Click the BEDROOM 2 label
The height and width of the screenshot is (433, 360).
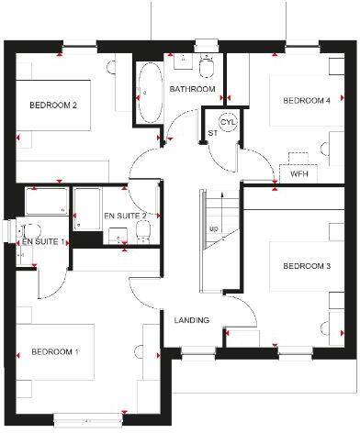click(x=53, y=105)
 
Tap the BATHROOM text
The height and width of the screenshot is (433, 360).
click(x=193, y=89)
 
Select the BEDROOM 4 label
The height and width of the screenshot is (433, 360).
click(x=306, y=100)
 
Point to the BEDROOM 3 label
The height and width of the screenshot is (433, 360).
click(x=306, y=267)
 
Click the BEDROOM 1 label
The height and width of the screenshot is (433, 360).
click(x=54, y=351)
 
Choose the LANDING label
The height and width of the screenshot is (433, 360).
click(x=192, y=319)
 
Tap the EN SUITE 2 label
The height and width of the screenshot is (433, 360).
click(x=125, y=215)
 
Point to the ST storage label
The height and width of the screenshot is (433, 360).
click(x=212, y=133)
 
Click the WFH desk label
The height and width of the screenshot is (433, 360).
click(x=299, y=172)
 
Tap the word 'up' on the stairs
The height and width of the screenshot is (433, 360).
click(x=214, y=228)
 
